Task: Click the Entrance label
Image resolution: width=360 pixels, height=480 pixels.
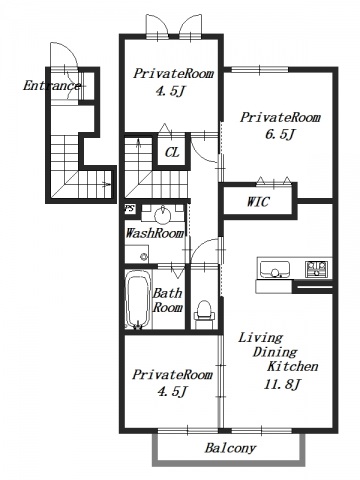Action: click(x=51, y=86)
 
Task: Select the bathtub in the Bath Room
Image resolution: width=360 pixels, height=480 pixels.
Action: click(x=137, y=299)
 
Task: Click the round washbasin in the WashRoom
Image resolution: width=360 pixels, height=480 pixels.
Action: click(x=163, y=217)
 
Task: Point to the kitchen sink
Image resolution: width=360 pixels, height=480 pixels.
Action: click(x=275, y=269)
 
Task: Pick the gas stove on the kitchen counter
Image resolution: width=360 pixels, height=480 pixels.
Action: click(x=317, y=269)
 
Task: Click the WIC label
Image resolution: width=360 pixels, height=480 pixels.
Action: click(x=258, y=202)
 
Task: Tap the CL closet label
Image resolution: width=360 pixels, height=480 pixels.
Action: click(x=172, y=152)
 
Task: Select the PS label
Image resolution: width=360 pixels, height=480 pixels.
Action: click(x=130, y=209)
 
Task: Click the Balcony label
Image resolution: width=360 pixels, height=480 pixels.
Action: click(x=230, y=448)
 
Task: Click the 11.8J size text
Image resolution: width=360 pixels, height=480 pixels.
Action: click(x=283, y=384)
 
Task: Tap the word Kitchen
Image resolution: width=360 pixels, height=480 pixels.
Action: click(x=292, y=366)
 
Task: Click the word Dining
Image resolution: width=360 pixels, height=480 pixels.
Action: click(x=275, y=352)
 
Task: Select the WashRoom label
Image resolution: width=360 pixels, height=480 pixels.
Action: click(x=154, y=233)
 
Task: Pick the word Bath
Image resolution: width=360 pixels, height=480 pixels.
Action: click(x=168, y=293)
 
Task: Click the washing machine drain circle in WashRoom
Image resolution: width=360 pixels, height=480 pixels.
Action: click(x=144, y=256)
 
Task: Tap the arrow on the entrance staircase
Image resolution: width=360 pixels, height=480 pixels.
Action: click(x=106, y=184)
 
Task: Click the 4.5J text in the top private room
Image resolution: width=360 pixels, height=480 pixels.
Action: click(x=170, y=91)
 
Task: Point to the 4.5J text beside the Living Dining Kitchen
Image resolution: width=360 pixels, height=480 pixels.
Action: click(x=172, y=391)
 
